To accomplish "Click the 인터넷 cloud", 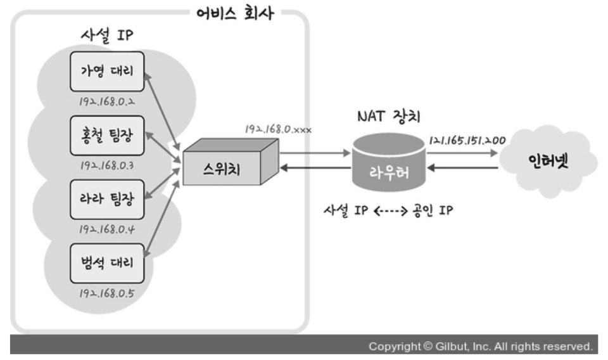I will pyautogui.click(x=548, y=160).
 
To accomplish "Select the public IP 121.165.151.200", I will pyautogui.click(x=467, y=140).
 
